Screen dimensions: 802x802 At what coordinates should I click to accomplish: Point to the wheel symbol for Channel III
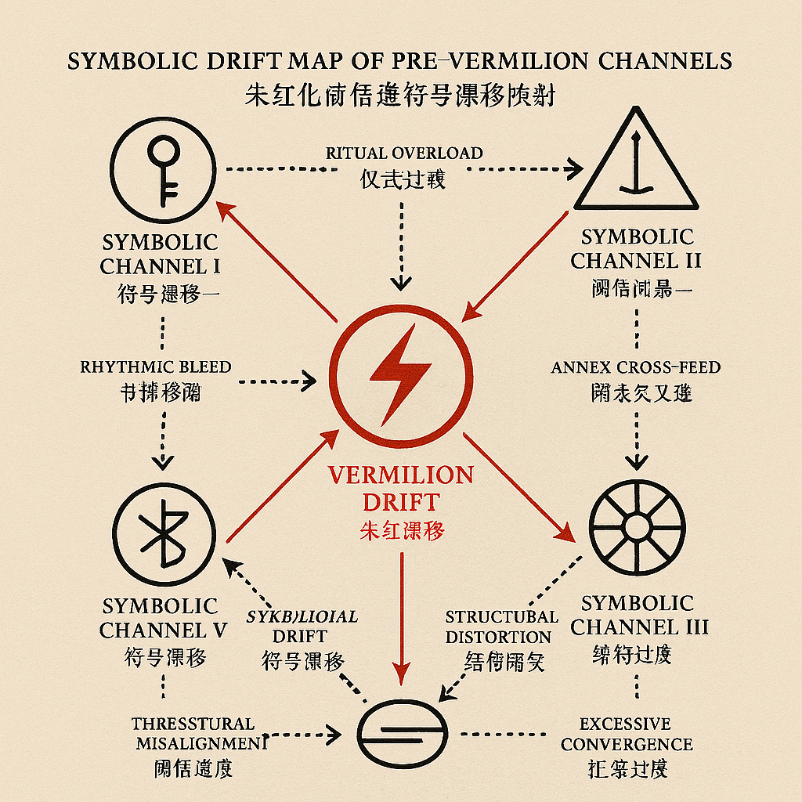coord(636,522)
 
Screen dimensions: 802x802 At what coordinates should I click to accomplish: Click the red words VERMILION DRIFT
coord(401,488)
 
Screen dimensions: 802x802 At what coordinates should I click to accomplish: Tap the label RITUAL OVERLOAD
coord(404,153)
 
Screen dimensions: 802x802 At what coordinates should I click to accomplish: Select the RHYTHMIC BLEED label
coord(156,366)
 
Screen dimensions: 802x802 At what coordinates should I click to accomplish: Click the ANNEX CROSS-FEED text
coord(636,367)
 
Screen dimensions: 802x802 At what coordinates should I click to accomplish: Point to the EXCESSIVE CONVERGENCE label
coord(627,734)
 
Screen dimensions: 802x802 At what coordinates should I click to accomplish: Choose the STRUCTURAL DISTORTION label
coord(501,627)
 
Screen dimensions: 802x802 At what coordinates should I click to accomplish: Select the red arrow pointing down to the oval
coord(402,619)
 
